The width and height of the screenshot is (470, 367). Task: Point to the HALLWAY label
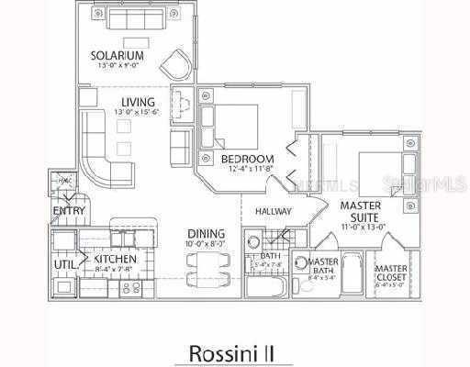pos(274,212)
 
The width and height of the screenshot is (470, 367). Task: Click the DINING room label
pos(207,233)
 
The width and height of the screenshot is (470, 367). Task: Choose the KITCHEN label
pos(116,260)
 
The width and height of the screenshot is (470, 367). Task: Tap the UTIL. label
pos(63,263)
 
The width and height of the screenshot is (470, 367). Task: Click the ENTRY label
pos(69,211)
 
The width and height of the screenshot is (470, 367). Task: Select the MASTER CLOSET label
pos(392,273)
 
